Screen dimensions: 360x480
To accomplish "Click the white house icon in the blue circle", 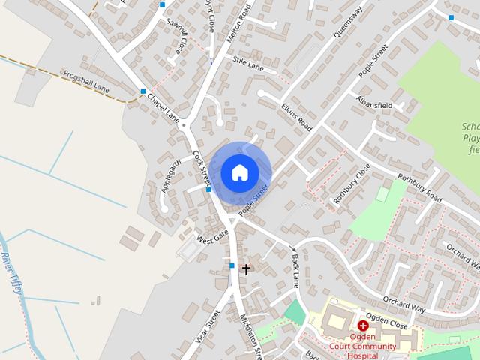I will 239,172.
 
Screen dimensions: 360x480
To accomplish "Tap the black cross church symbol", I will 245,268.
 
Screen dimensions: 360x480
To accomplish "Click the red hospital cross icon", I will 362,325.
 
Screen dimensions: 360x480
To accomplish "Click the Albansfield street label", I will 375,103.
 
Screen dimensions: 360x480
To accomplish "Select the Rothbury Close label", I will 352,184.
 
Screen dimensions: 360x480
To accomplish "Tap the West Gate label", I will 212,237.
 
